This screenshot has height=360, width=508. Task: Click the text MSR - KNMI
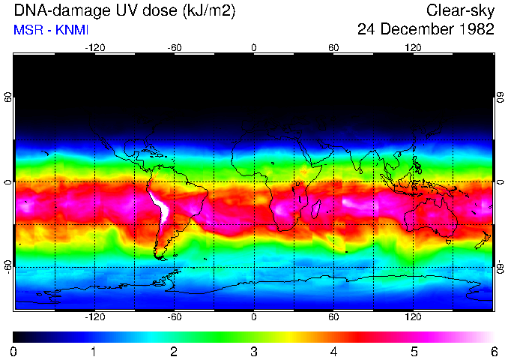[x=51, y=31]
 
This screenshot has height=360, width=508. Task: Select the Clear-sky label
[x=460, y=10]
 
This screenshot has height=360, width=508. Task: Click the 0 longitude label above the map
[x=254, y=48]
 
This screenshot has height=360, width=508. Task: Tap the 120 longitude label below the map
[x=413, y=317]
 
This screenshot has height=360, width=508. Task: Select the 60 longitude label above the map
[x=333, y=48]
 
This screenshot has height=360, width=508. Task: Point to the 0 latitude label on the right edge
[x=500, y=182]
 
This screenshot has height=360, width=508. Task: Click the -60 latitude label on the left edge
[x=8, y=267]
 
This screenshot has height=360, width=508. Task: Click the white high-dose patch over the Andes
[x=160, y=208]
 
